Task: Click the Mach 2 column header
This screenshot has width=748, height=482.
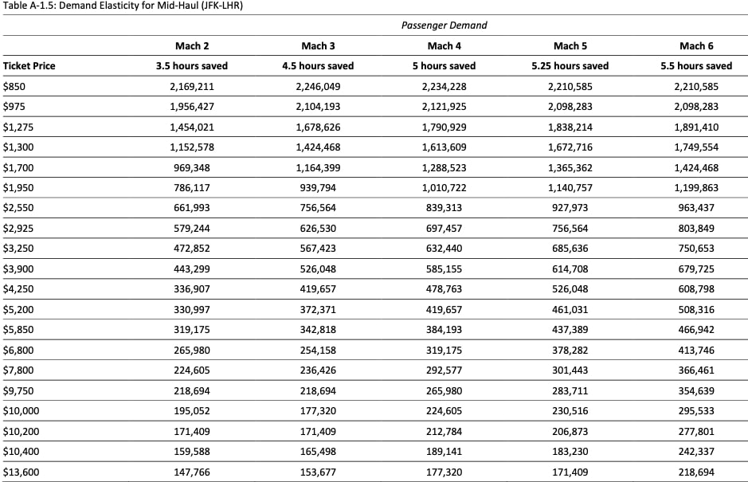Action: (x=192, y=46)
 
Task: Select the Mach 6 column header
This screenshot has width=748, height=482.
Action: (x=696, y=46)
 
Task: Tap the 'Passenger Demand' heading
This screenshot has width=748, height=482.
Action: (x=444, y=25)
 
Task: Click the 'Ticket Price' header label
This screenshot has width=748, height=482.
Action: (x=29, y=65)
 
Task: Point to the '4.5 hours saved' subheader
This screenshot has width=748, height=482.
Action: (x=318, y=65)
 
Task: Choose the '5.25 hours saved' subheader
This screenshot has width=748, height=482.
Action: (x=570, y=65)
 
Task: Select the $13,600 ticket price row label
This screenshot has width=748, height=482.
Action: (x=21, y=472)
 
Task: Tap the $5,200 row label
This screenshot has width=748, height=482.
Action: (x=18, y=309)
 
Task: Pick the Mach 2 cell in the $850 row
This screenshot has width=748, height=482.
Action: (x=192, y=86)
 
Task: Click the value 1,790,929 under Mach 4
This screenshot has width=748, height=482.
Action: (x=444, y=127)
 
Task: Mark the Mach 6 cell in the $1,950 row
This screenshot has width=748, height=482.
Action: (x=695, y=187)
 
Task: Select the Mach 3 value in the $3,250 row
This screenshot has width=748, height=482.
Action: (x=318, y=249)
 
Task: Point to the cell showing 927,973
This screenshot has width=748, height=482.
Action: (x=570, y=208)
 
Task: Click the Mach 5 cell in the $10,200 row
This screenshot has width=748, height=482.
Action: (x=570, y=431)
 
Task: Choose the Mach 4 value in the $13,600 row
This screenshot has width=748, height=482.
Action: (x=444, y=472)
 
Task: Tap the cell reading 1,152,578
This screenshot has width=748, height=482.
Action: (x=192, y=147)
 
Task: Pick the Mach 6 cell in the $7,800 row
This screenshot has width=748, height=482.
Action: (x=695, y=370)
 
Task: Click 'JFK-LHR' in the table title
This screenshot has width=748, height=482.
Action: (x=220, y=6)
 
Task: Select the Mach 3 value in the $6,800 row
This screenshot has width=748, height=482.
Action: (x=318, y=350)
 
